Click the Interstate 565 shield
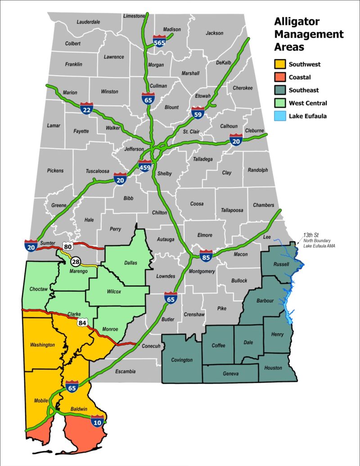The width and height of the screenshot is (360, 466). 159,41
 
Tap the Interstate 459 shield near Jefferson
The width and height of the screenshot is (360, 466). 145,166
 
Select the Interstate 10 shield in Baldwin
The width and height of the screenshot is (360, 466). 98,420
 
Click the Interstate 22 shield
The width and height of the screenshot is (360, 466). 87,108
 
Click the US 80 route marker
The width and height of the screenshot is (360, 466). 67,247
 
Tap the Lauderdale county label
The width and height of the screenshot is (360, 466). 88,22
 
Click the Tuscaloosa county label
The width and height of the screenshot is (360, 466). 98,172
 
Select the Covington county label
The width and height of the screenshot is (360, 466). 182,360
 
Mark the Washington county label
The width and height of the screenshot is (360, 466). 42,345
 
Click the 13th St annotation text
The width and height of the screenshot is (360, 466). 310,235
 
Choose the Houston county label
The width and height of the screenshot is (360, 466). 273,368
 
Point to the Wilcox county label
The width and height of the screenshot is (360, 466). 113,291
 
